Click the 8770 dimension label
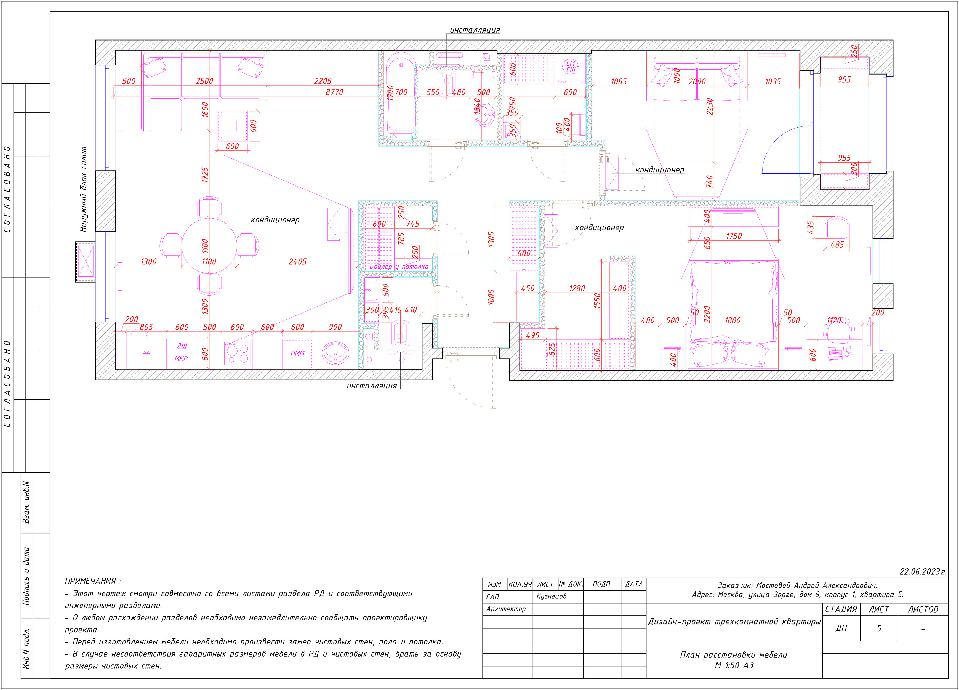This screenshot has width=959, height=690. click(x=334, y=92)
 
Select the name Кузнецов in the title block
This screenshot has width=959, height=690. click(x=552, y=596)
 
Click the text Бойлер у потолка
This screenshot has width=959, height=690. click(x=399, y=267)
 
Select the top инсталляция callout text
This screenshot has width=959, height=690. click(x=475, y=30)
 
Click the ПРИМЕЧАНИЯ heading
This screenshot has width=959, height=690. click(x=93, y=581)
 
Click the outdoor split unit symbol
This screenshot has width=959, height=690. click(x=86, y=262)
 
